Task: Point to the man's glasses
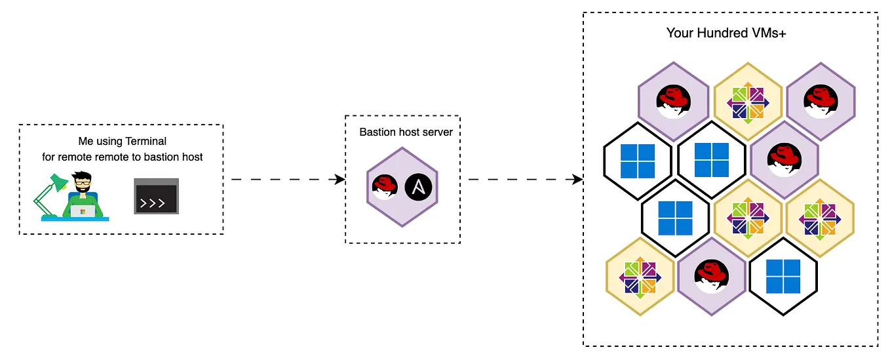(83, 183)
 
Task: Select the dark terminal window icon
(157, 195)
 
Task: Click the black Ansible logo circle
(417, 187)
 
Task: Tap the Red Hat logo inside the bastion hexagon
(385, 188)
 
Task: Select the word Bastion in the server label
(377, 132)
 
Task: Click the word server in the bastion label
(438, 132)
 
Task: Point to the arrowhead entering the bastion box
(341, 179)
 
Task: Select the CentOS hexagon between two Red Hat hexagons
(747, 102)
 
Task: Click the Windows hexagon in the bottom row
(783, 276)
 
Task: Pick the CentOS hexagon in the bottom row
(640, 276)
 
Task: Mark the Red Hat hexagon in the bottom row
(712, 276)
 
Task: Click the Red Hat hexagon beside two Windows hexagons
(784, 161)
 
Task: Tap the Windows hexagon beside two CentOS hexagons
(676, 218)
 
